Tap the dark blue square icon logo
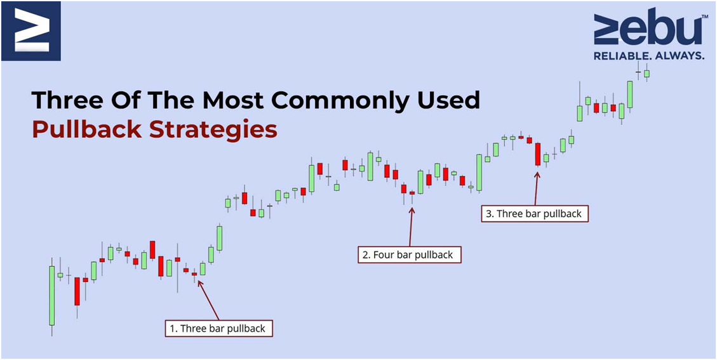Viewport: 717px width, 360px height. (31, 30)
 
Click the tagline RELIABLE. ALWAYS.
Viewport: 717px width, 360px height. (648, 56)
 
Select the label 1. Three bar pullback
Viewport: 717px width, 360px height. (218, 328)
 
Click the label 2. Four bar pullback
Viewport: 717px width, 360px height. (410, 255)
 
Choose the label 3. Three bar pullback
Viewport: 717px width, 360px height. (535, 213)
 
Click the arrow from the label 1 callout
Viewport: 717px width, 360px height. (208, 300)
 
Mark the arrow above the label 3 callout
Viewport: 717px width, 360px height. (537, 189)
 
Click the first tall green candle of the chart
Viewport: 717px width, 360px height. (52, 295)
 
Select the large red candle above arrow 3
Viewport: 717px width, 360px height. (538, 154)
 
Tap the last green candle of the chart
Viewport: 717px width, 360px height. (647, 73)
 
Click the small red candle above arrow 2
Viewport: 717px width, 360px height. (412, 193)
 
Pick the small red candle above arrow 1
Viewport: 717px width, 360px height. (194, 274)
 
